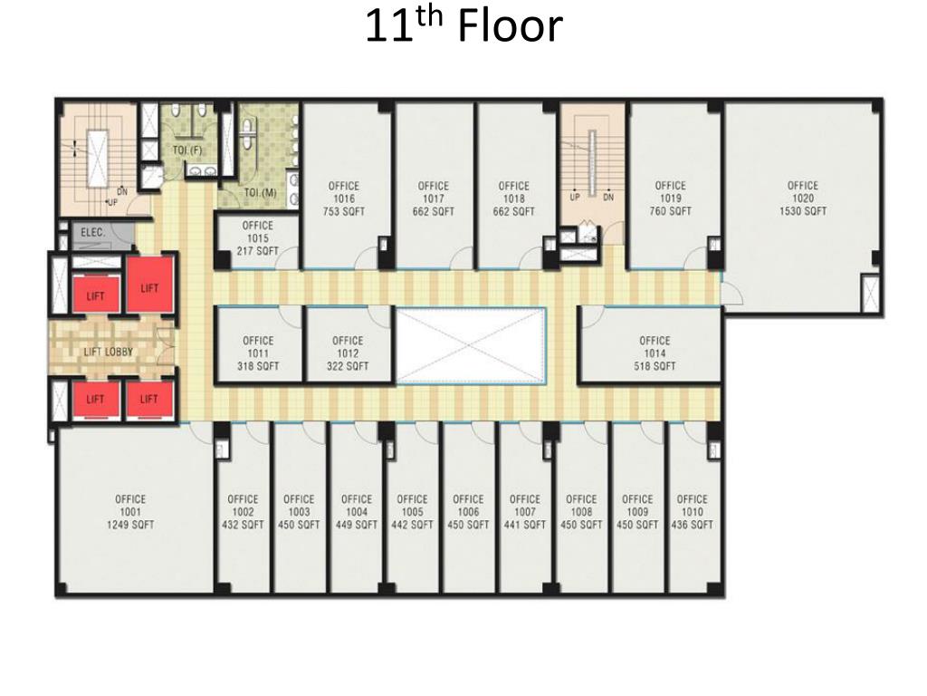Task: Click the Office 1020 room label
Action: (803, 198)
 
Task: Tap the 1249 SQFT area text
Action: (130, 525)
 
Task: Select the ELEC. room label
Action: (93, 233)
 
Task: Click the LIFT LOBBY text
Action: (109, 353)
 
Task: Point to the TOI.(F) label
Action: (187, 150)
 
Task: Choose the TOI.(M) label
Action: (260, 193)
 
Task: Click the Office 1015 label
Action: (258, 238)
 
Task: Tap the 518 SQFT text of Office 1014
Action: (655, 366)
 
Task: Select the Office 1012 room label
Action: (348, 353)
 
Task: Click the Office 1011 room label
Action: (258, 353)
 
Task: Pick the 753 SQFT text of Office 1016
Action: (344, 211)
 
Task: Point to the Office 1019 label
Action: (671, 198)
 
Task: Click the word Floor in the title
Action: (511, 26)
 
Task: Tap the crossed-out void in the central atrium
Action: (471, 345)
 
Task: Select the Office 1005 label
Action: (412, 512)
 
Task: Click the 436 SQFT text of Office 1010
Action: (693, 525)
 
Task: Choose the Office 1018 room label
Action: (514, 198)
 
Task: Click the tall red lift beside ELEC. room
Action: (149, 285)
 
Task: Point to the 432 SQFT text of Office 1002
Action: (243, 525)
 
